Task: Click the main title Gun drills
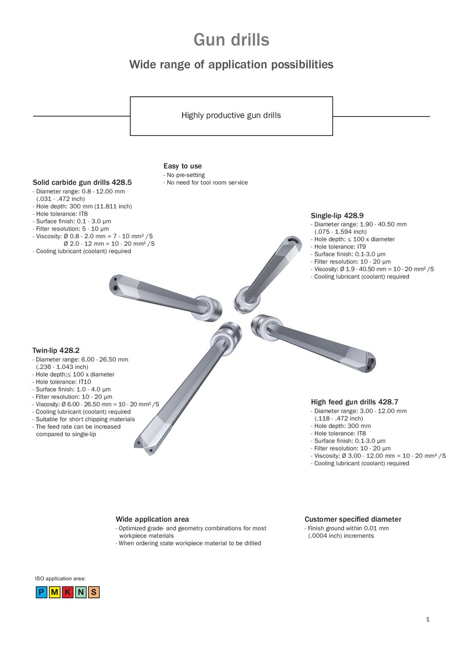[231, 40]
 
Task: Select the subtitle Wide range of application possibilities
[231, 64]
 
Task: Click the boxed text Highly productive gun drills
[231, 115]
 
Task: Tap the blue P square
[41, 592]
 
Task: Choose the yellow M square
[55, 592]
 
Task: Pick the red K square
[67, 592]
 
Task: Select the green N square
[81, 592]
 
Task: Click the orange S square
[94, 592]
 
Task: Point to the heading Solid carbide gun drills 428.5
[82, 182]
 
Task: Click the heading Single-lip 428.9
[337, 216]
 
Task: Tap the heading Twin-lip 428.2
[56, 350]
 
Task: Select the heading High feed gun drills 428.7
[354, 402]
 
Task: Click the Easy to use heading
[183, 166]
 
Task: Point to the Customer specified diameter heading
[353, 519]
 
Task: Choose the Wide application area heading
[152, 519]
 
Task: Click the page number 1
[428, 619]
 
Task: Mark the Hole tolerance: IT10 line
[62, 382]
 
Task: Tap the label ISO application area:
[60, 579]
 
